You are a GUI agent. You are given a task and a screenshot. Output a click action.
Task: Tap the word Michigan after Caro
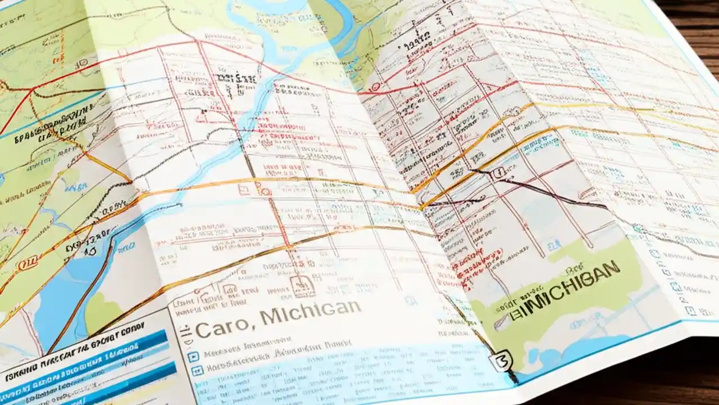pos(310,313)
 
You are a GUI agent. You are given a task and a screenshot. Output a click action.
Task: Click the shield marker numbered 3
pos(502,359)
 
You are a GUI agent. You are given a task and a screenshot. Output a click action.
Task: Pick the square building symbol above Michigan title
pos(303,286)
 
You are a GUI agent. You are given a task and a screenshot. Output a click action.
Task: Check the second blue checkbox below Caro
pos(197,371)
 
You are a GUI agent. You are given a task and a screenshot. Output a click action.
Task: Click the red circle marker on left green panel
pos(24,264)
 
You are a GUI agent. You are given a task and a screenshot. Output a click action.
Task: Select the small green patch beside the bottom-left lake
pos(101,312)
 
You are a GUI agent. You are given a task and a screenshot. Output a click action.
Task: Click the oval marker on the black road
pos(497,175)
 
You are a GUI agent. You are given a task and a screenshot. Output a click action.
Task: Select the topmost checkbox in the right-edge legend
pos(655,253)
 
